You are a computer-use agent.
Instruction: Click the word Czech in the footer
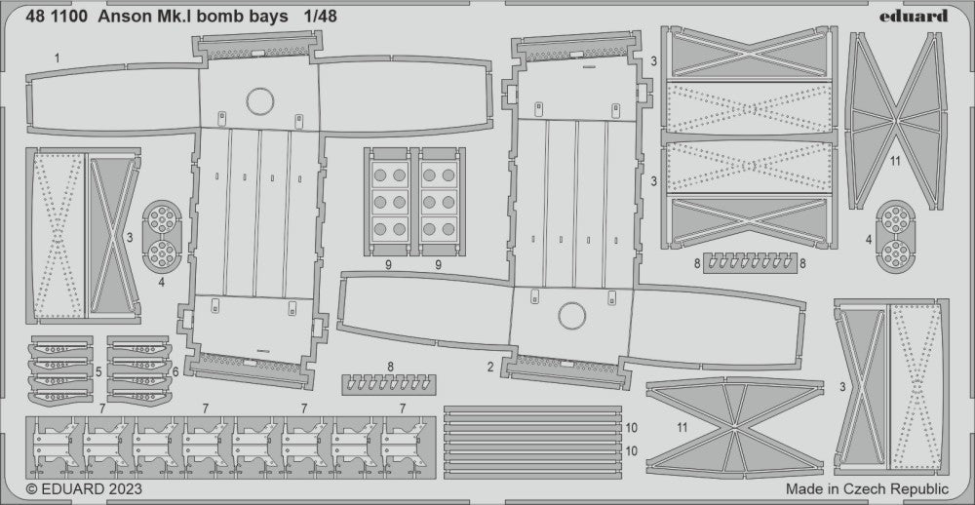pyautogui.click(x=857, y=488)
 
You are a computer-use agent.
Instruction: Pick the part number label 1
pyautogui.click(x=57, y=58)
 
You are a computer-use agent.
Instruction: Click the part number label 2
pyautogui.click(x=490, y=368)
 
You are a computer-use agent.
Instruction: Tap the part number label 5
pyautogui.click(x=98, y=371)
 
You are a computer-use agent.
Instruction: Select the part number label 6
pyautogui.click(x=175, y=371)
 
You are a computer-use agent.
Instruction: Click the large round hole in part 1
pyautogui.click(x=260, y=100)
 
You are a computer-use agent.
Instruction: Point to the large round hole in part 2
pyautogui.click(x=570, y=315)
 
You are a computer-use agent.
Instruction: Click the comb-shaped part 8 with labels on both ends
pyautogui.click(x=747, y=262)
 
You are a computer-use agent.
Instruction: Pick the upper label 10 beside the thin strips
pyautogui.click(x=631, y=427)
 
